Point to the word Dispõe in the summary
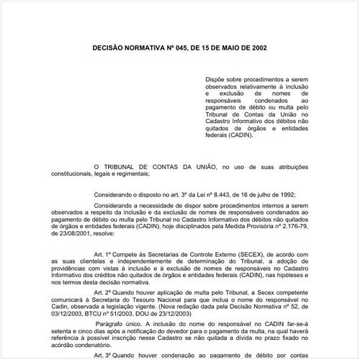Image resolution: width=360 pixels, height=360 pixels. (x=216, y=81)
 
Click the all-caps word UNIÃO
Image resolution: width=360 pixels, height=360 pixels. (x=209, y=166)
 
